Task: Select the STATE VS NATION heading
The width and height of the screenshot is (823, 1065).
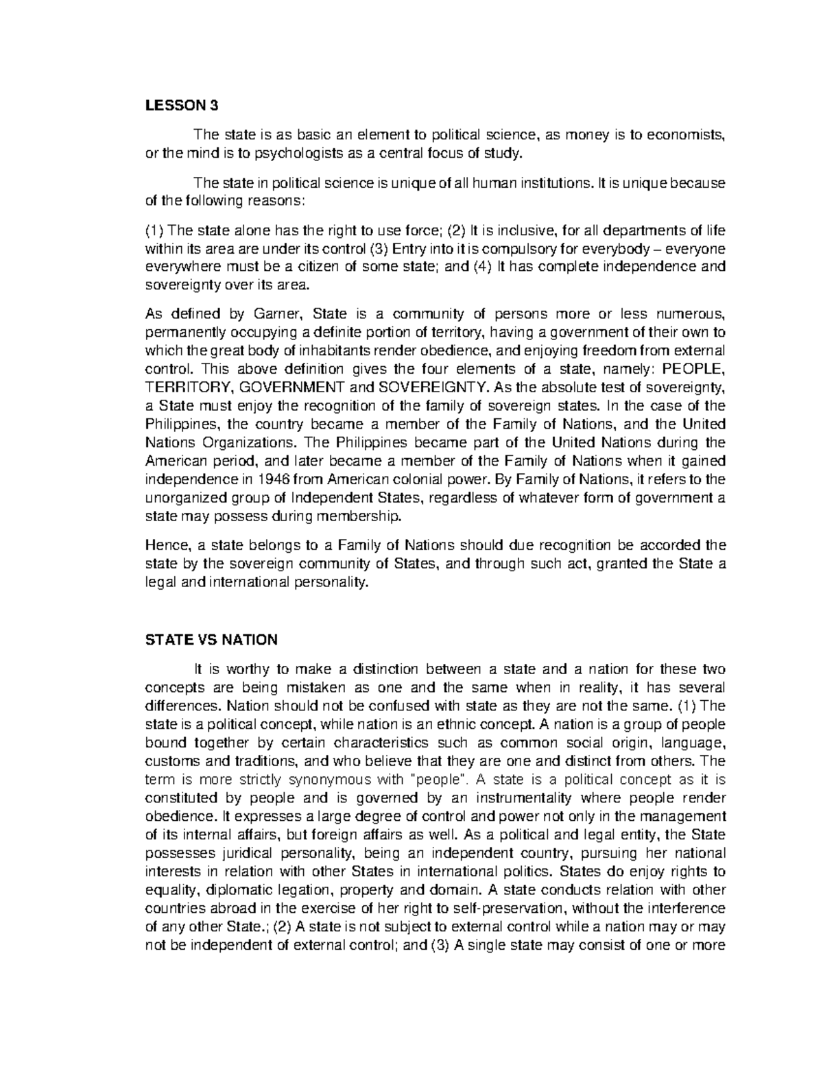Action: [211, 640]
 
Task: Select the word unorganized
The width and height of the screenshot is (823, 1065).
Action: [180, 497]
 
